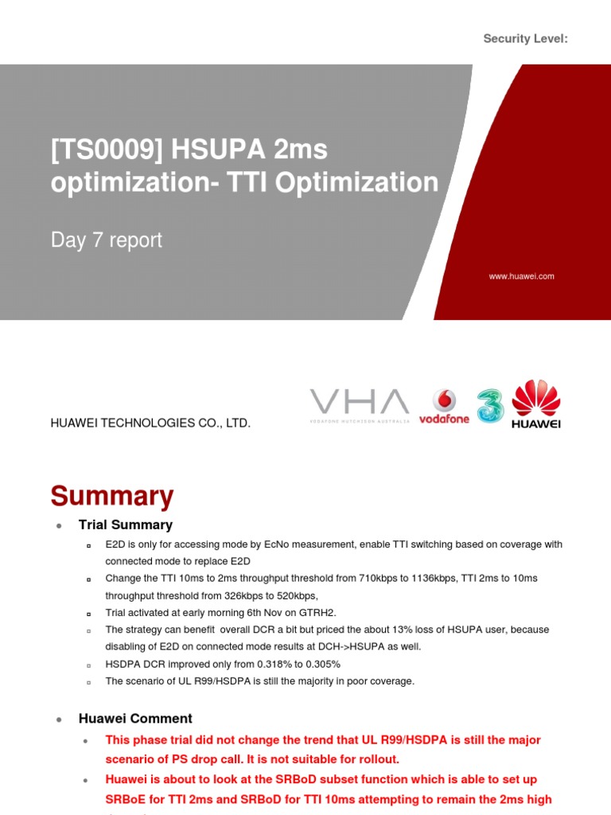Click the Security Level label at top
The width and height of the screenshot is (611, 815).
click(x=526, y=39)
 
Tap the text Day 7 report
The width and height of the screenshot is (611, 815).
click(x=107, y=240)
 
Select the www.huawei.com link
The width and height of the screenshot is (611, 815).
click(x=522, y=276)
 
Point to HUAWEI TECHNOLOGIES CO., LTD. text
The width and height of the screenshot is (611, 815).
click(x=150, y=423)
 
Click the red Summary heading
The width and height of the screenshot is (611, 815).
click(x=112, y=496)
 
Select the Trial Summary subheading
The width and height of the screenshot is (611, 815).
click(x=126, y=525)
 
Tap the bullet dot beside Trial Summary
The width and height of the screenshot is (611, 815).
click(x=59, y=526)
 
